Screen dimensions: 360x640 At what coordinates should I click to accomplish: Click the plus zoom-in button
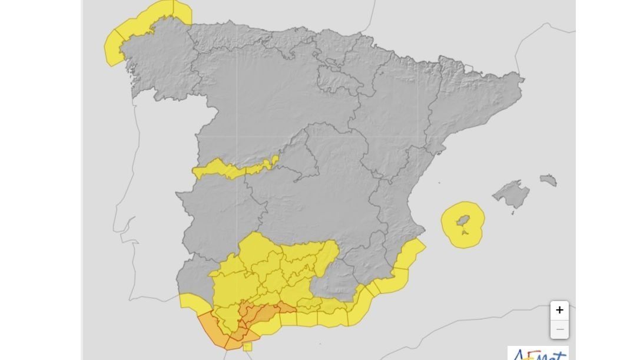click(559, 311)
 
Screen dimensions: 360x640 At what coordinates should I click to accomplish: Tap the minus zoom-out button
click(559, 329)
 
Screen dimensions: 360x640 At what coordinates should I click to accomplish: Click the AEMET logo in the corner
click(538, 354)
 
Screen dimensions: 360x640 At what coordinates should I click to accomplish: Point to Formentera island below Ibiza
click(466, 233)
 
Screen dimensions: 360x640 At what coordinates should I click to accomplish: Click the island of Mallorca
click(512, 193)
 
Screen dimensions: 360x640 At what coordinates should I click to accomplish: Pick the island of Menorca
click(548, 180)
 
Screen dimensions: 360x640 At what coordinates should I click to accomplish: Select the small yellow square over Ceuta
click(247, 346)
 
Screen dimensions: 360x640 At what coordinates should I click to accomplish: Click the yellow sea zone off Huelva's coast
click(191, 303)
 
